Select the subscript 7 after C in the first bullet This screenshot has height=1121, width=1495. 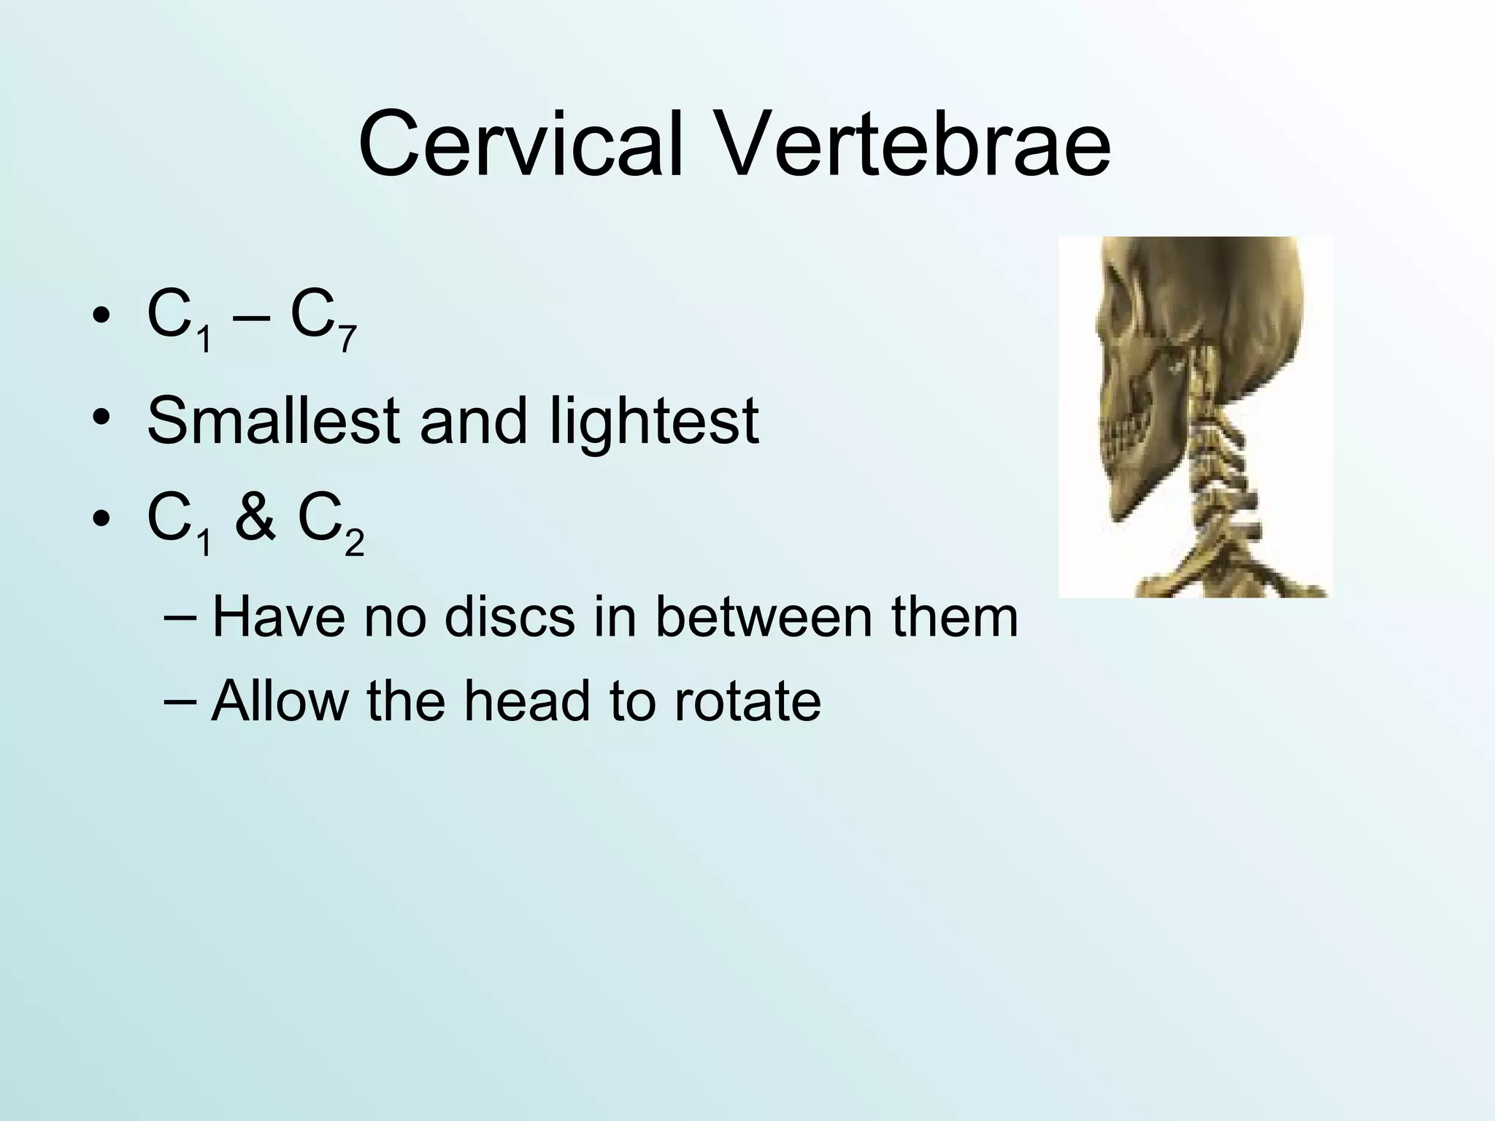347,340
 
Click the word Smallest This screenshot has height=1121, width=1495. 272,422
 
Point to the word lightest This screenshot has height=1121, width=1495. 653,422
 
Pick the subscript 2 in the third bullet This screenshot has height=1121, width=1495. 354,544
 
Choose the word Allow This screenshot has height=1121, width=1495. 280,701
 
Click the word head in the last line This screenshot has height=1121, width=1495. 525,701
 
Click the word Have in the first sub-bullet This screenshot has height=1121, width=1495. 277,617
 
